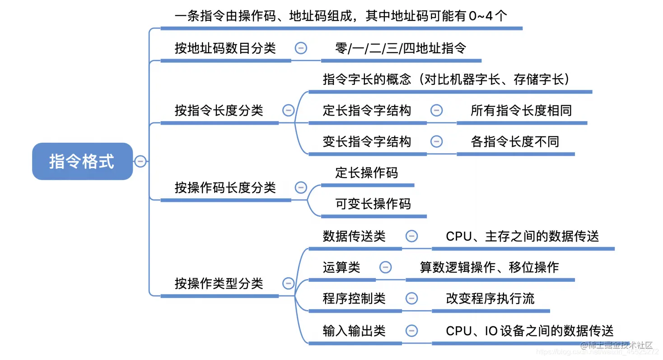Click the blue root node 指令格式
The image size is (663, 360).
click(x=82, y=161)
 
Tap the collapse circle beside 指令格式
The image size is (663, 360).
click(x=140, y=161)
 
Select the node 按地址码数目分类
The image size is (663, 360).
click(x=225, y=48)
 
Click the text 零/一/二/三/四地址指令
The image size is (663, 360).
click(x=401, y=48)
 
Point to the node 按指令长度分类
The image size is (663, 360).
click(x=219, y=110)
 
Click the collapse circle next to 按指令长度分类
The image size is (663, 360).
click(x=288, y=110)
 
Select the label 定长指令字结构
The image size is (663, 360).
click(x=367, y=110)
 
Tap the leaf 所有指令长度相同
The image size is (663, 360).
click(x=521, y=110)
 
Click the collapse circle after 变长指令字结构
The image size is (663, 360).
click(x=436, y=141)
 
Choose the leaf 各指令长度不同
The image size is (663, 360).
click(x=515, y=141)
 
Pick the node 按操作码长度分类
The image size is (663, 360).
click(x=225, y=187)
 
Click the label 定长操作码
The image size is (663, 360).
click(x=367, y=173)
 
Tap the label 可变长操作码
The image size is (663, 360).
click(x=373, y=204)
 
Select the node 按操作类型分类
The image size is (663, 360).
click(x=219, y=284)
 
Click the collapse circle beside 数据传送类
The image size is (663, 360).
click(x=411, y=236)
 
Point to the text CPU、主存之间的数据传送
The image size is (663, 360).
click(x=522, y=236)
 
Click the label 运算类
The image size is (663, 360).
click(x=341, y=267)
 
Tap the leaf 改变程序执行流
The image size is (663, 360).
click(x=490, y=299)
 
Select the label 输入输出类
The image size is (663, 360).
click(x=354, y=331)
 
